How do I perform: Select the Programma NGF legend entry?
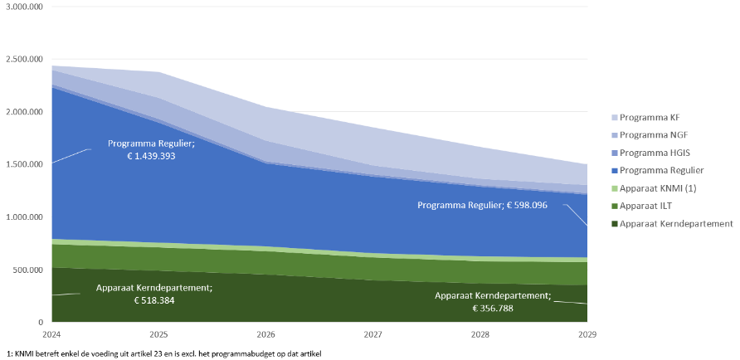tap(661, 134)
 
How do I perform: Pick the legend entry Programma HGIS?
tap(663, 152)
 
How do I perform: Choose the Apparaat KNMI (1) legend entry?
tap(669, 187)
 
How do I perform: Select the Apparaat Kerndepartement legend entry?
tap(680, 223)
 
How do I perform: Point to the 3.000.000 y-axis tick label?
tap(25, 7)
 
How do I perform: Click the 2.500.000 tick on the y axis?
tap(25, 60)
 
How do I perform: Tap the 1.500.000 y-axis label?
tap(25, 164)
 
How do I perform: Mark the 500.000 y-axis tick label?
tap(29, 270)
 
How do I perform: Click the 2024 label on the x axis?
tap(51, 333)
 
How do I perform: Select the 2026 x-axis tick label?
tap(265, 333)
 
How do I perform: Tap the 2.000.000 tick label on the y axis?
tap(25, 112)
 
